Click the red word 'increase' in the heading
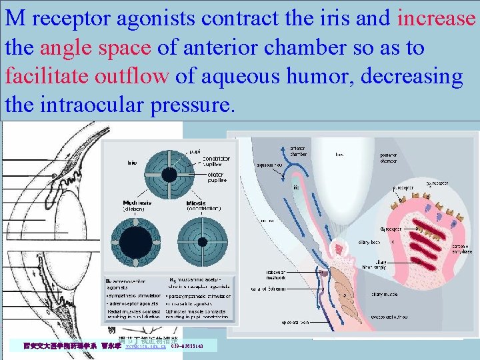[x=436, y=18]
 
